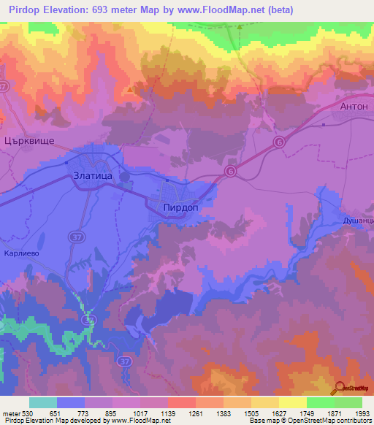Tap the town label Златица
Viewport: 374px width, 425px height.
[x=93, y=175]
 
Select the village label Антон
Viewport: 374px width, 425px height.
[x=356, y=105]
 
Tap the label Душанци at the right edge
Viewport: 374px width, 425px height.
[x=358, y=220]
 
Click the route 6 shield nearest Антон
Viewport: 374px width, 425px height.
[x=278, y=142]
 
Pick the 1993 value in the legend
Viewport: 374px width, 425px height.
[x=362, y=413]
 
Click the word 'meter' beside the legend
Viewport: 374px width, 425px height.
[x=11, y=413]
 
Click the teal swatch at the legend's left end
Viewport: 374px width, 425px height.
[x=43, y=402]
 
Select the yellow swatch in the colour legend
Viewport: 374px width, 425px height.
[x=293, y=402]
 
